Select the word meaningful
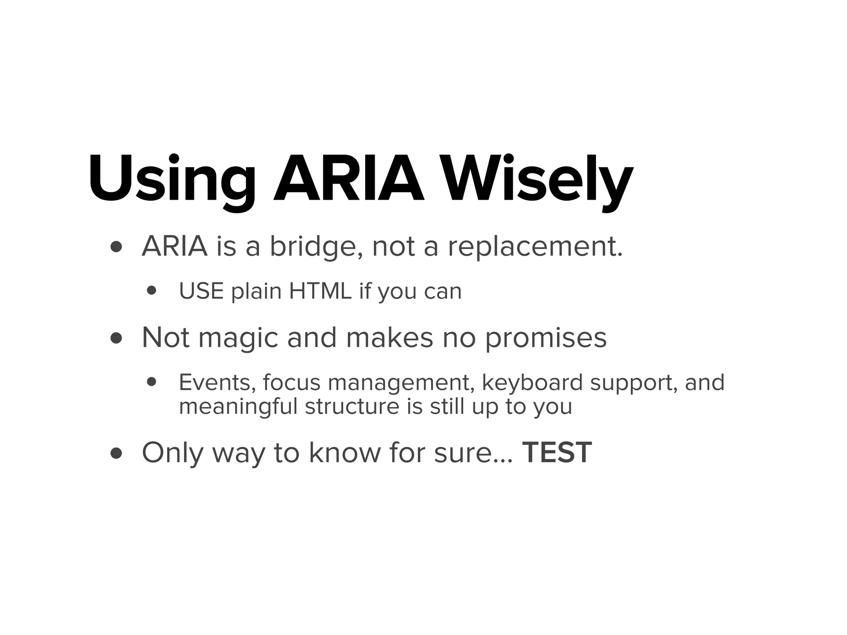click(x=238, y=407)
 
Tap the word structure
click(x=352, y=407)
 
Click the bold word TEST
click(x=557, y=453)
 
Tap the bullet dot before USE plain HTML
click(x=152, y=291)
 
